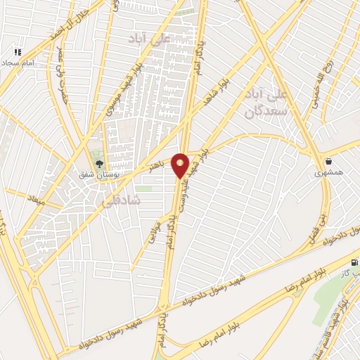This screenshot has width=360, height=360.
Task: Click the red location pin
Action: pyautogui.click(x=180, y=165)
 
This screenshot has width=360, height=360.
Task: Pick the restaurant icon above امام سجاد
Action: pyautogui.click(x=18, y=52)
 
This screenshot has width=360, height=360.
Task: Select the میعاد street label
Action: pyautogui.click(x=35, y=198)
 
